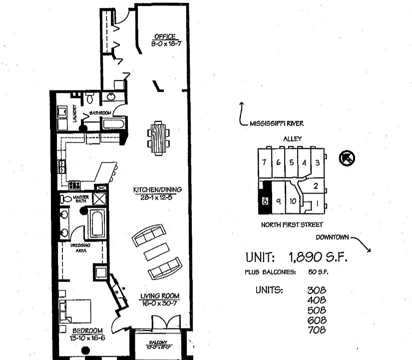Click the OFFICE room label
pyautogui.click(x=164, y=36)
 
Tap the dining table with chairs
pyautogui.click(x=158, y=138)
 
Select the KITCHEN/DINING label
pyautogui.click(x=157, y=190)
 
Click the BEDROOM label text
pyautogui.click(x=87, y=331)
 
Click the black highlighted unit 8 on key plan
pyautogui.click(x=263, y=199)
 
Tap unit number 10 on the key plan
pyautogui.click(x=293, y=201)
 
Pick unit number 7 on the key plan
pyautogui.click(x=264, y=163)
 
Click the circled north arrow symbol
pyautogui.click(x=346, y=158)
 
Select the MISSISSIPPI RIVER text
pyautogui.click(x=277, y=123)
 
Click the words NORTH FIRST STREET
pyautogui.click(x=292, y=225)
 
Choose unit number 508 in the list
pyautogui.click(x=317, y=310)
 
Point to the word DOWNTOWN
pyautogui.click(x=334, y=237)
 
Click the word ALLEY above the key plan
pyautogui.click(x=292, y=139)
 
